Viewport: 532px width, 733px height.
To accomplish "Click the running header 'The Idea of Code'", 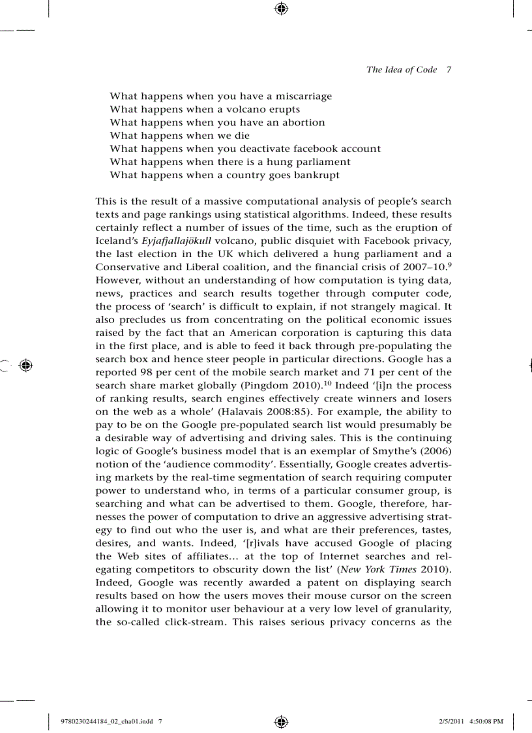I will pos(402,70).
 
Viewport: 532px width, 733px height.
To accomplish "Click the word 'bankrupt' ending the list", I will pos(317,175).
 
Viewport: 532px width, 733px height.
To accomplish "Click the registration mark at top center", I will pos(281,8).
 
